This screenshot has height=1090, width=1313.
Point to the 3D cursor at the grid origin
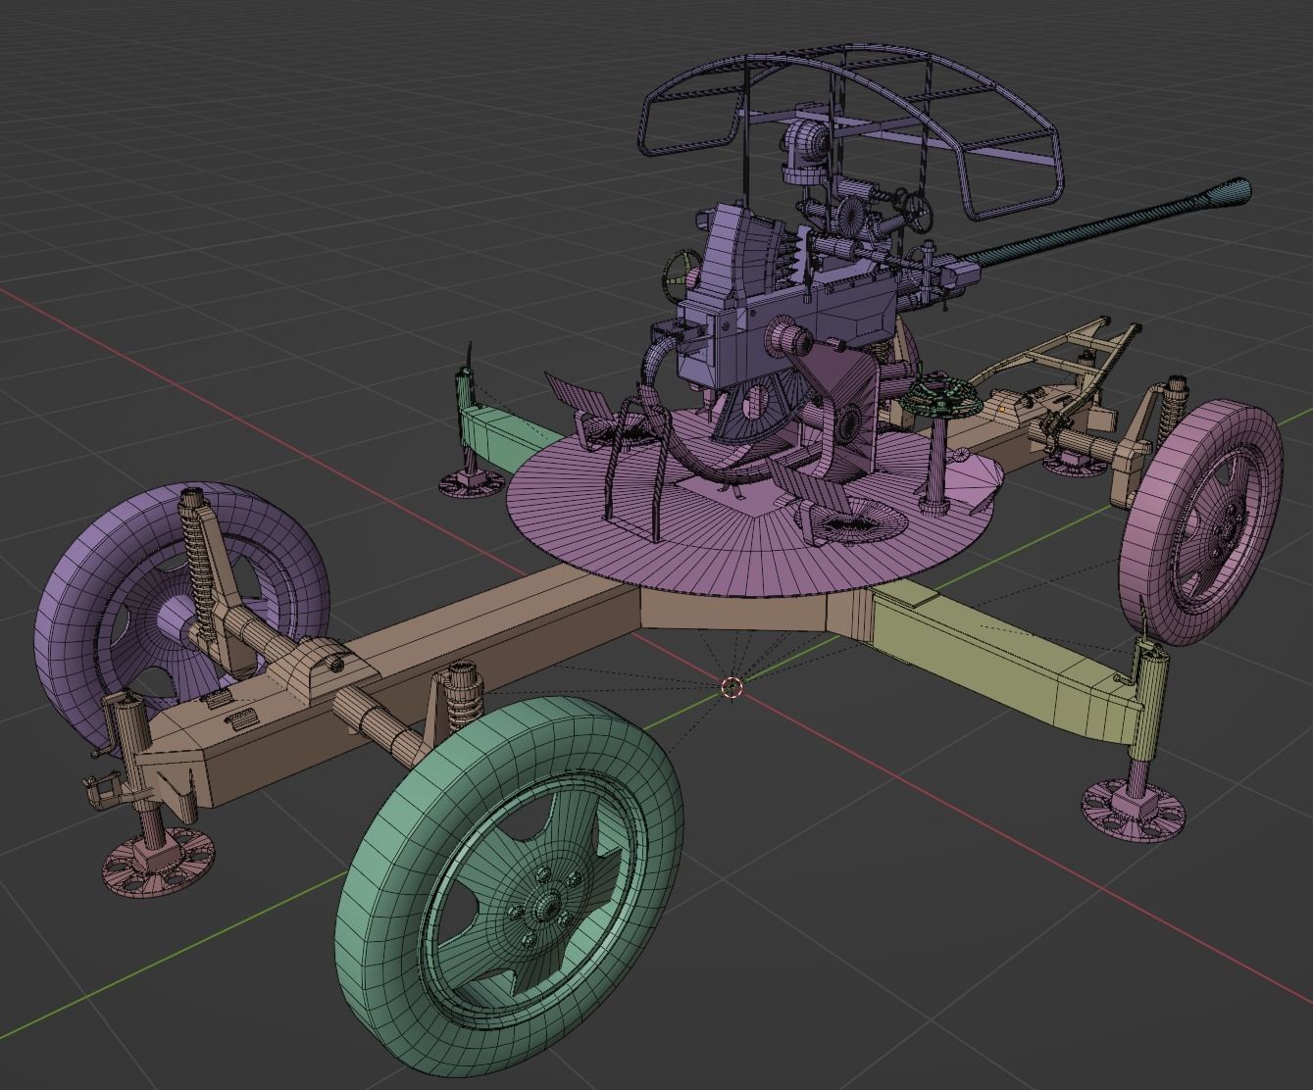[x=731, y=687]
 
